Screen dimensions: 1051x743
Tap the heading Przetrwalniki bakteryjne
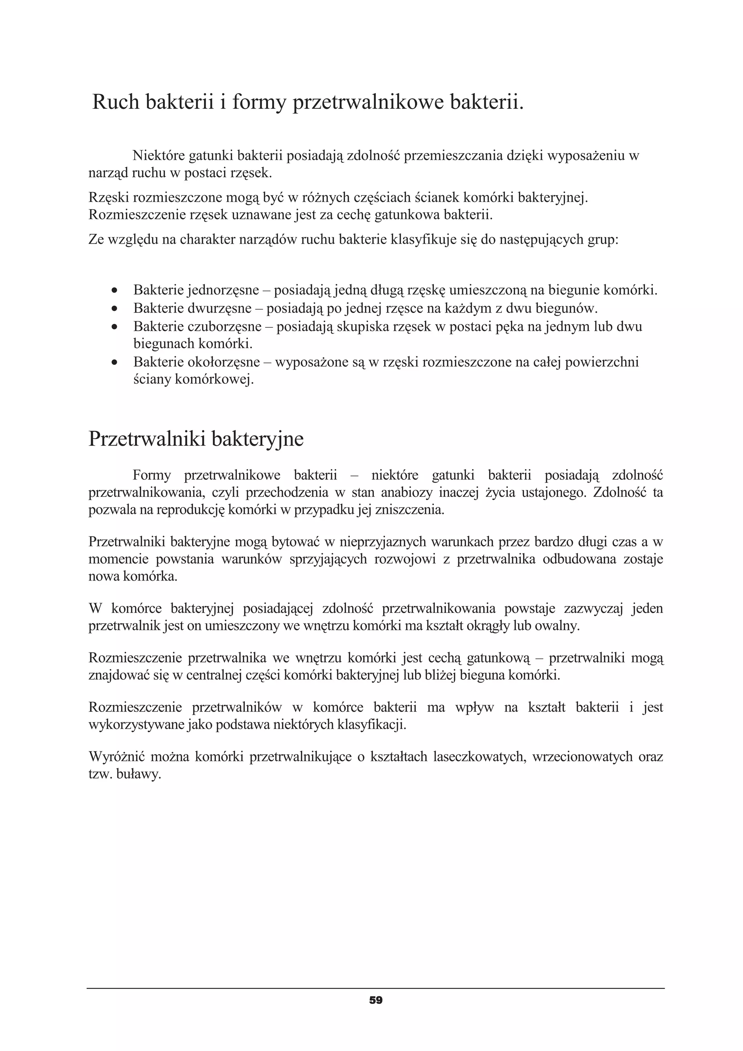pos(196,438)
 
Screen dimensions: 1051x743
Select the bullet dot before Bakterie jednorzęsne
pos(115,290)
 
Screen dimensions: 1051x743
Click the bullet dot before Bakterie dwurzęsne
pos(115,309)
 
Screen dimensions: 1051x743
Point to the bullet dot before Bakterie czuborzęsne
pos(115,327)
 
